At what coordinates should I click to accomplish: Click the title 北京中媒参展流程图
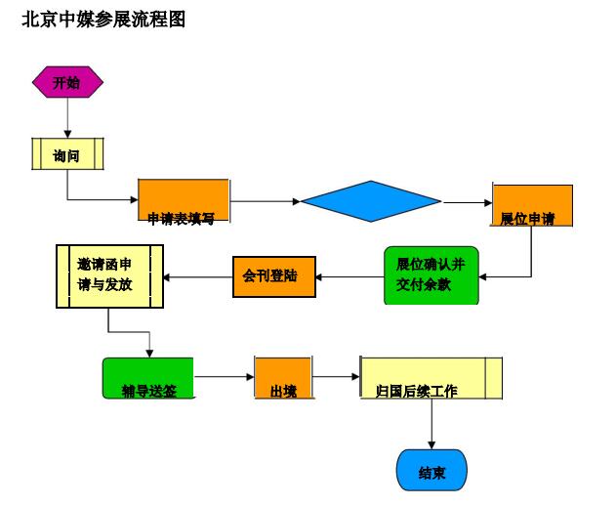pos(103,20)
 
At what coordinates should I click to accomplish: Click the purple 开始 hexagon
pos(67,83)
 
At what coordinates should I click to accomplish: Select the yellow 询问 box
pos(67,154)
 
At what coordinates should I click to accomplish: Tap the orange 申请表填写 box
pos(184,202)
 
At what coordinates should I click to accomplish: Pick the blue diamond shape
pos(371,202)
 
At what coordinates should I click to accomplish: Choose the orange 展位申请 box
pos(532,205)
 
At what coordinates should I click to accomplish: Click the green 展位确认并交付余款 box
pos(431,275)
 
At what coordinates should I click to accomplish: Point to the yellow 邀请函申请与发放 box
pos(108,275)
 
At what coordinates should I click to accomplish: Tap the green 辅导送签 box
pos(148,378)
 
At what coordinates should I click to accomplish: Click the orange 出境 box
pos(282,378)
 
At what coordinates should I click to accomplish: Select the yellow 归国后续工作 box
pos(431,378)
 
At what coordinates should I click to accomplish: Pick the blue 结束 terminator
pos(431,471)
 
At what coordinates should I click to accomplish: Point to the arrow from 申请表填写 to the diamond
pos(265,202)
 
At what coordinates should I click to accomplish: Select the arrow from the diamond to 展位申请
pos(468,203)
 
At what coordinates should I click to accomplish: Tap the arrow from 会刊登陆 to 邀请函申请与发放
pos(198,277)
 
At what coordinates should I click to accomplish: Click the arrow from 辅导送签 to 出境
pos(224,377)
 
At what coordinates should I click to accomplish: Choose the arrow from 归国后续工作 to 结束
pos(431,424)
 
